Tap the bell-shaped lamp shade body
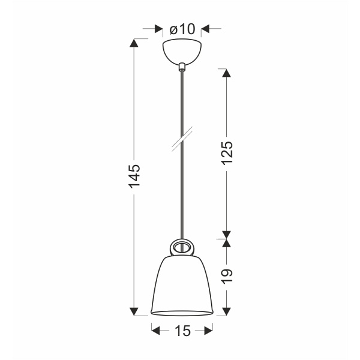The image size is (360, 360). [181, 285]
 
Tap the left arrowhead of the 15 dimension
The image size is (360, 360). [155, 329]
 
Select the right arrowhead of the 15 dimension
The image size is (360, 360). [208, 329]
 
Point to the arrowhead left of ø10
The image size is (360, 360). [158, 29]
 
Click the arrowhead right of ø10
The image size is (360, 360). [204, 29]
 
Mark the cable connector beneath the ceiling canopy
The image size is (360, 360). [181, 65]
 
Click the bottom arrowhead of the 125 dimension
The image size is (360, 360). [226, 235]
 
